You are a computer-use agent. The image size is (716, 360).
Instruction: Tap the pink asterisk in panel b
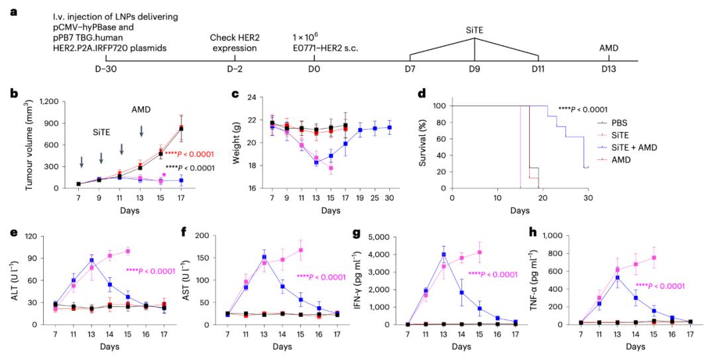tap(163, 175)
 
